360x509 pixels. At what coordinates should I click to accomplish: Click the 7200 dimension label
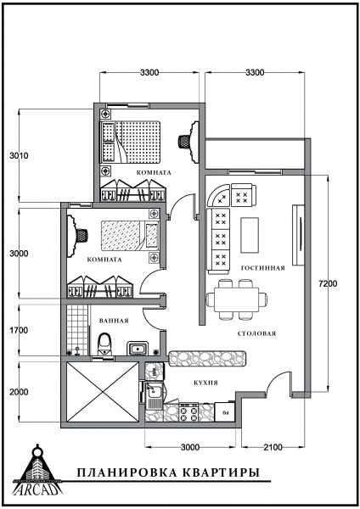pyautogui.click(x=328, y=283)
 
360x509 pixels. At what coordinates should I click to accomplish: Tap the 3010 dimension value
pyautogui.click(x=19, y=156)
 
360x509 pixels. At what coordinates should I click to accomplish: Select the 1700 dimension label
pyautogui.click(x=19, y=331)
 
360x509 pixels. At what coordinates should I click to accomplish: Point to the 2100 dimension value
pyautogui.click(x=273, y=448)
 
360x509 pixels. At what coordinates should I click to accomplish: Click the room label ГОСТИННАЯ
pyautogui.click(x=263, y=268)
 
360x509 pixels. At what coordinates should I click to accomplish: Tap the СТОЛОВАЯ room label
pyautogui.click(x=256, y=333)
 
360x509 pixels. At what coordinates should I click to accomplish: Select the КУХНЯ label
pyautogui.click(x=206, y=383)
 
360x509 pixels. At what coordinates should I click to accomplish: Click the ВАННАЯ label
pyautogui.click(x=114, y=321)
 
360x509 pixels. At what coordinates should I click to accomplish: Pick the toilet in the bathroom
pyautogui.click(x=104, y=344)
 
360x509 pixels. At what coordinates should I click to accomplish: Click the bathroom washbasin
pyautogui.click(x=138, y=349)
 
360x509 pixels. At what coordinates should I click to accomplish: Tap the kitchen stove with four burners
pyautogui.click(x=188, y=412)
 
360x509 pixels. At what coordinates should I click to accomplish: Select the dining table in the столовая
pyautogui.click(x=237, y=299)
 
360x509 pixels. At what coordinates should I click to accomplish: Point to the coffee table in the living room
pyautogui.click(x=250, y=235)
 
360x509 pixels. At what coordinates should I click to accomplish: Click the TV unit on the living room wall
pyautogui.click(x=298, y=235)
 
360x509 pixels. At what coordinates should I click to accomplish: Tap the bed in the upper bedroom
pyautogui.click(x=131, y=143)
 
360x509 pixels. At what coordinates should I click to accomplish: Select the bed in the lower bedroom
pyautogui.click(x=130, y=236)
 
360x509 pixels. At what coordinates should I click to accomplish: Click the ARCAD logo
pyautogui.click(x=37, y=470)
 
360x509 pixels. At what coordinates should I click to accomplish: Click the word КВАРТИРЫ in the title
pyautogui.click(x=220, y=473)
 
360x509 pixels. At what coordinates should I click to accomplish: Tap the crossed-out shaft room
pyautogui.click(x=103, y=392)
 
